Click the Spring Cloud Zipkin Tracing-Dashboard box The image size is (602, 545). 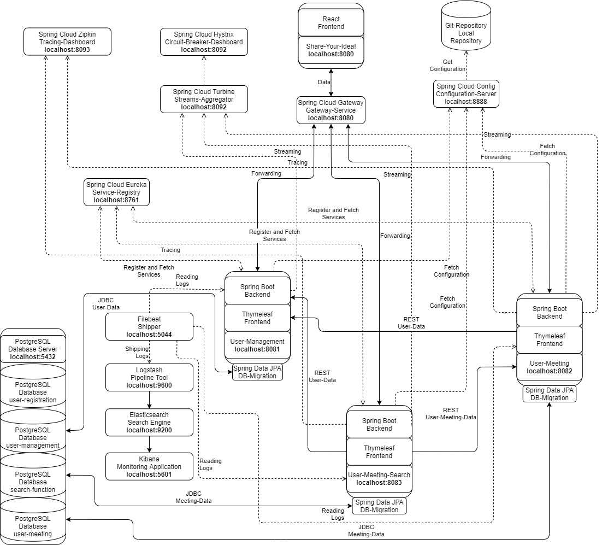pos(67,42)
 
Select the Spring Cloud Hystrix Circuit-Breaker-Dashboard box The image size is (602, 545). pos(204,42)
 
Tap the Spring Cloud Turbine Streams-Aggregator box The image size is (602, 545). pos(204,99)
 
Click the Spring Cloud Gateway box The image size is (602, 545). pos(330,110)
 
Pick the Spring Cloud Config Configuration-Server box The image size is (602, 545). pos(466,93)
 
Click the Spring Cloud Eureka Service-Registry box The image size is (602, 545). pos(116,192)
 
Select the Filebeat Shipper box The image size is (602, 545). pos(149,326)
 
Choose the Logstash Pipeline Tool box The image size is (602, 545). pos(149,378)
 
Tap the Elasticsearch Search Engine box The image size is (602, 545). pos(149,423)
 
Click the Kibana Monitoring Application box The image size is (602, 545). pos(149,467)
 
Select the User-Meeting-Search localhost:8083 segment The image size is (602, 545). pos(379,479)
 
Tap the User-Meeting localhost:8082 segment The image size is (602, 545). pos(549,367)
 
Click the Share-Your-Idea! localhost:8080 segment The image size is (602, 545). pos(330,50)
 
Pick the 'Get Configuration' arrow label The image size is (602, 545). pos(447,66)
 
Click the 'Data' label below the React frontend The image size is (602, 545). pos(324,82)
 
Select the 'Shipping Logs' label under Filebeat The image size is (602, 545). pos(137,353)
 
